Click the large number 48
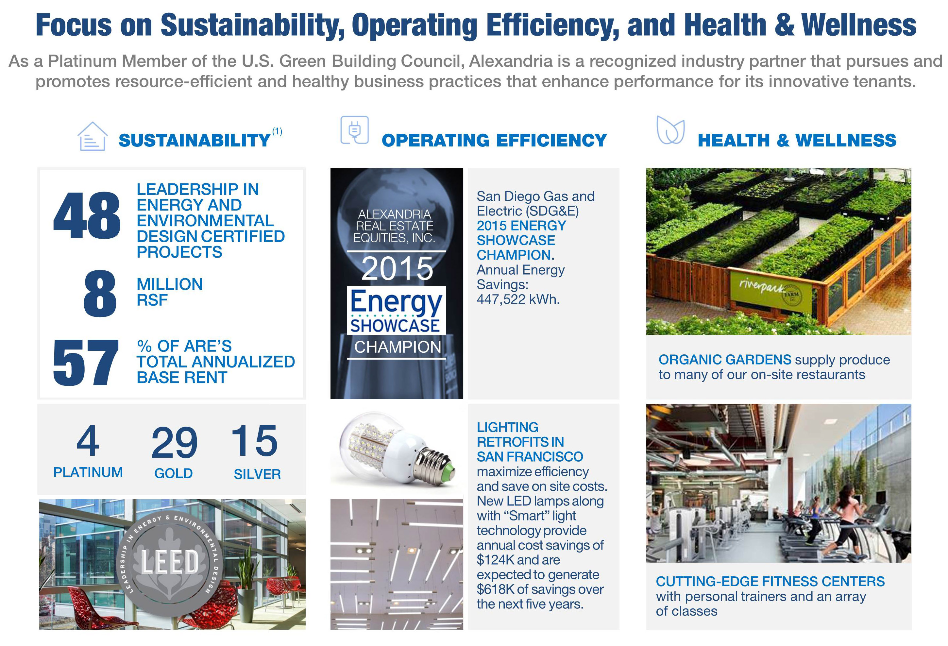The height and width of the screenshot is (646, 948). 87,216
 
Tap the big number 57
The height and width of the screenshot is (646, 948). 86,363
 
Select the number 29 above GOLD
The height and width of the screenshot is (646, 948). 174,443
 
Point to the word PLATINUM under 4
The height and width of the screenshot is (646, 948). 88,472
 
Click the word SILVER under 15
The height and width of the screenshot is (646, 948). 257,474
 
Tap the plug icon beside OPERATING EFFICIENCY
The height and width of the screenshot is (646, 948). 354,130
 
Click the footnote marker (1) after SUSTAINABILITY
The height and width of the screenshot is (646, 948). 278,131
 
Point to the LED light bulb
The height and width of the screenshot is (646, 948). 392,449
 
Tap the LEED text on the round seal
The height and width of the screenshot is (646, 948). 170,562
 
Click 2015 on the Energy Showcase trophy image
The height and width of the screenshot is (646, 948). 397,269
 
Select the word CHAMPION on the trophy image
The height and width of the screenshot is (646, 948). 397,348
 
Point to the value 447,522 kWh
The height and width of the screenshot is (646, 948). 518,299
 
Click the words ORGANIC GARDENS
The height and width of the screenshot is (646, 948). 724,360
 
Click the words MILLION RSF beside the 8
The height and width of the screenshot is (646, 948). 169,292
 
